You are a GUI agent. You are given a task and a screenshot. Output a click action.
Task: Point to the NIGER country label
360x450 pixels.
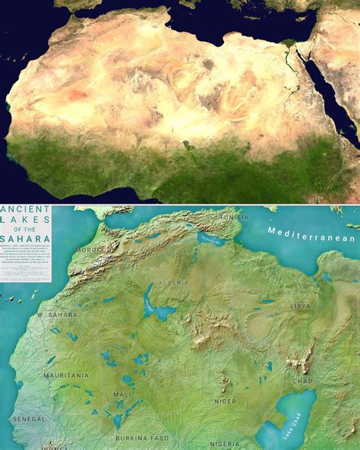(225, 401)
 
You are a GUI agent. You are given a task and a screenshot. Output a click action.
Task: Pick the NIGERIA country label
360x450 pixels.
(224, 443)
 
